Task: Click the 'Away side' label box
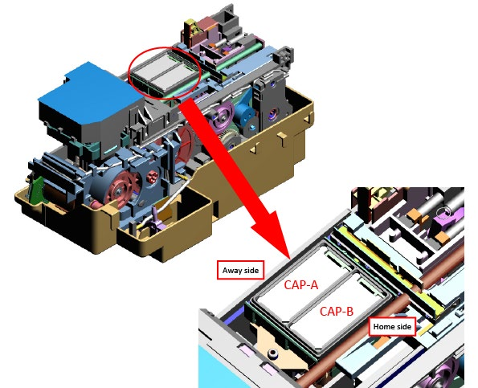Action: pyautogui.click(x=240, y=270)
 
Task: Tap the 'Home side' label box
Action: pyautogui.click(x=392, y=327)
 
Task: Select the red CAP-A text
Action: pyautogui.click(x=301, y=285)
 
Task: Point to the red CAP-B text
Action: pyautogui.click(x=337, y=312)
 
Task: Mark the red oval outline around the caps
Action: pyautogui.click(x=129, y=72)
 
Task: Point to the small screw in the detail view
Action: pyautogui.click(x=272, y=353)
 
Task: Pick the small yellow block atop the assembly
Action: pyautogui.click(x=190, y=25)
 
